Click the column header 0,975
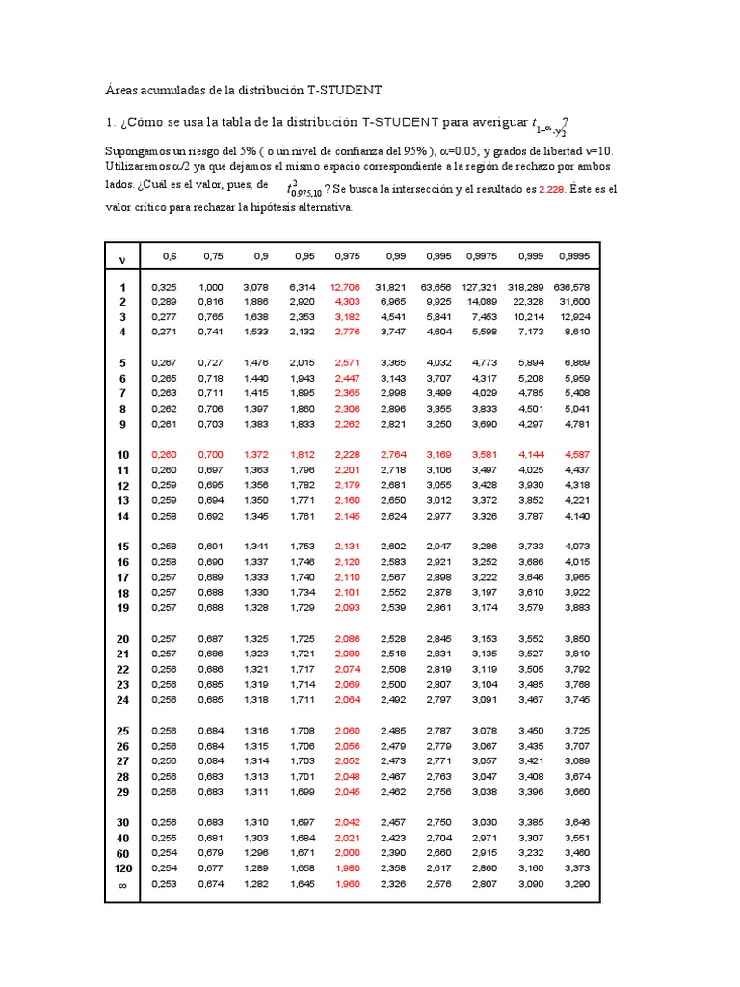tap(347, 256)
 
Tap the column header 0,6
tap(170, 256)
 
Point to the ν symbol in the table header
tap(122, 259)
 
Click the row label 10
tap(122, 454)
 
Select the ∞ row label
tap(122, 884)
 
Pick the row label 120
tap(122, 868)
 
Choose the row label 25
tap(122, 731)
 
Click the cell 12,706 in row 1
tap(345, 287)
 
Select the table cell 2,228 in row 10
tap(347, 454)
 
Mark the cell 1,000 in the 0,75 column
tap(211, 287)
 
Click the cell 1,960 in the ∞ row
tap(347, 884)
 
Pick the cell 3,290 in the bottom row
tap(576, 884)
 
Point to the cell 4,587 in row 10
tap(576, 454)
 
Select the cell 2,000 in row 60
tap(347, 853)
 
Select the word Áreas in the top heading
tap(121, 90)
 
